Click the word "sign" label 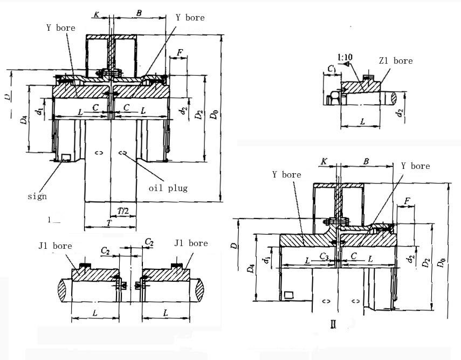[x=37, y=196]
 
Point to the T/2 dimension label [x=123, y=210]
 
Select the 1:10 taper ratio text [x=346, y=57]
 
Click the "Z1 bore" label [x=395, y=61]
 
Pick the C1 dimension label [x=332, y=69]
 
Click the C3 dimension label [x=324, y=255]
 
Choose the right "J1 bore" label [x=191, y=243]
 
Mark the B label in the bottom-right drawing [x=366, y=161]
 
